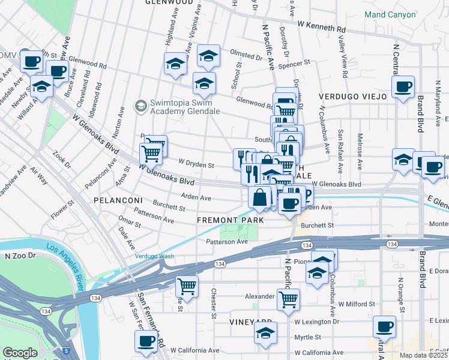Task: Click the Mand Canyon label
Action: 390,14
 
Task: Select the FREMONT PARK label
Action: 231,221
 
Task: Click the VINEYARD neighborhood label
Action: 252,322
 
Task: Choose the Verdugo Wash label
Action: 154,256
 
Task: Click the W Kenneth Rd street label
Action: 322,26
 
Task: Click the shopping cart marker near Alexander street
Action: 289,299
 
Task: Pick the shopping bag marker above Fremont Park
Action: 259,197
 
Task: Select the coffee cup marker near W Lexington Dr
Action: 384,327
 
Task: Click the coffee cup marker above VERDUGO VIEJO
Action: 403,86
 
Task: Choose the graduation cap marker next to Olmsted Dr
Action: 208,56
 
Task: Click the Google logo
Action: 20,353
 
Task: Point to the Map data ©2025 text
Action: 424,355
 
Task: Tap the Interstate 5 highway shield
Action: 65,350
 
